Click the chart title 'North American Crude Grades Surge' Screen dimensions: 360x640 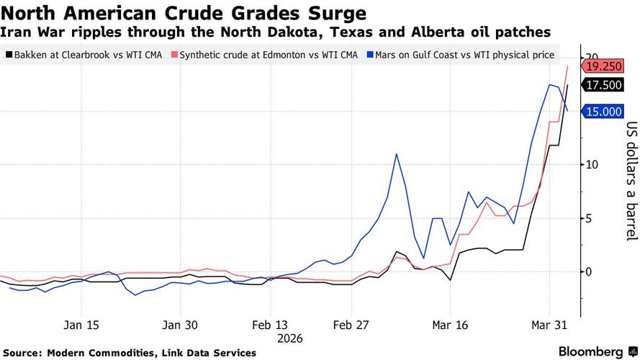point(184,14)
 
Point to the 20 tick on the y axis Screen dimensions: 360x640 point(592,57)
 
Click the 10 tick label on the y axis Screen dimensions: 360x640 point(592,165)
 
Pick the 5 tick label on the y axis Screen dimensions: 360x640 point(589,218)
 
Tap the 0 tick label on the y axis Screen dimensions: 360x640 point(589,272)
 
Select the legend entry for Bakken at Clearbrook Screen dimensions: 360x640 point(84,54)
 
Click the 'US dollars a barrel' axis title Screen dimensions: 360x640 point(631,180)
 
